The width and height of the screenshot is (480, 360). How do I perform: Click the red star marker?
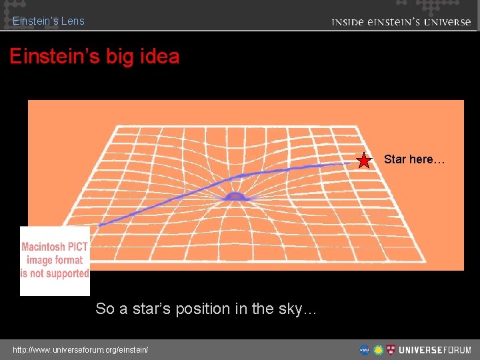(x=364, y=161)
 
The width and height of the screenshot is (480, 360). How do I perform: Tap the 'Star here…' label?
(x=413, y=159)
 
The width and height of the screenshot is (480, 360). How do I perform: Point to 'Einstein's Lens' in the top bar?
(x=49, y=21)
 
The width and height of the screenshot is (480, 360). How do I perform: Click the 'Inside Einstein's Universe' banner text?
(x=401, y=22)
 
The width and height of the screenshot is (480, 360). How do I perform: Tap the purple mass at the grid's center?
(x=235, y=196)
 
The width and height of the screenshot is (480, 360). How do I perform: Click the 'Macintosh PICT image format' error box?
(x=55, y=261)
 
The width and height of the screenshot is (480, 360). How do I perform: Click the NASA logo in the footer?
(x=365, y=349)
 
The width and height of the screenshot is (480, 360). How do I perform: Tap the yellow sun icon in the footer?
(x=378, y=349)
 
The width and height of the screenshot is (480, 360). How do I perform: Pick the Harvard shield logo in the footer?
(x=391, y=349)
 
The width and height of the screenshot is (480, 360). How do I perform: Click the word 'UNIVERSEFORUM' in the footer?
(x=435, y=349)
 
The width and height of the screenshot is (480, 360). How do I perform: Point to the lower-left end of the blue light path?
(x=101, y=225)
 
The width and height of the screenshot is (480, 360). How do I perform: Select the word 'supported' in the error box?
(x=64, y=273)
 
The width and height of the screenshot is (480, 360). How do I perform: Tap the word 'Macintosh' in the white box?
(x=45, y=247)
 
